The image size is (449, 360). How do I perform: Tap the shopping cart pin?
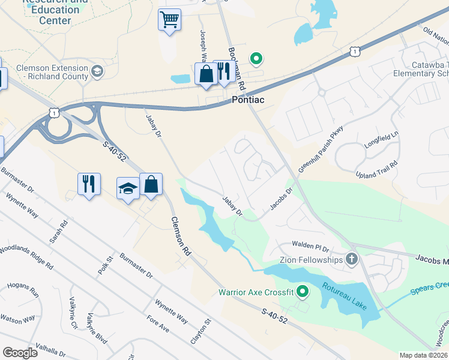[x=170, y=21]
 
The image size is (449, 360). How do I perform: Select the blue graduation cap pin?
[x=128, y=190]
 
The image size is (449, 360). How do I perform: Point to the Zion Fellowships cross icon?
[x=352, y=260]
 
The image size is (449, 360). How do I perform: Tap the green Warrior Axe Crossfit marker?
[x=303, y=292]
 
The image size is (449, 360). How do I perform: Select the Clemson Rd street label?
[x=181, y=236]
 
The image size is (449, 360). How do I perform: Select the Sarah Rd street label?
[x=58, y=232]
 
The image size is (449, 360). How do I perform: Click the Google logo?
[x=20, y=353]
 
